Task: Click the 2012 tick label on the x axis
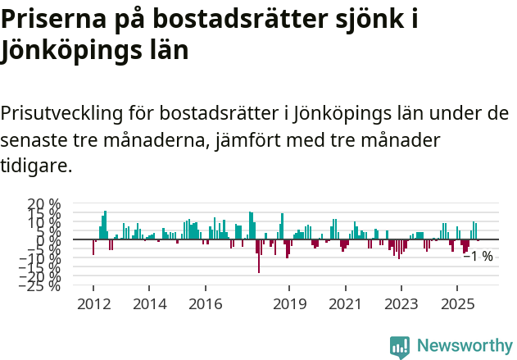pyautogui.click(x=93, y=303)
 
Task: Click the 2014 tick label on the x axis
pyautogui.click(x=148, y=303)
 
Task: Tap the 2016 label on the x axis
pyautogui.click(x=205, y=303)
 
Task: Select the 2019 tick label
pyautogui.click(x=289, y=303)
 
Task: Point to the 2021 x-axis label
pyautogui.click(x=345, y=303)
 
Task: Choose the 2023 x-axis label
pyautogui.click(x=401, y=303)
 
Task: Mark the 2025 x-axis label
pyautogui.click(x=457, y=303)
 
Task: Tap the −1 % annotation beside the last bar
pyautogui.click(x=478, y=257)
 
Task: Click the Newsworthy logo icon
pyautogui.click(x=400, y=347)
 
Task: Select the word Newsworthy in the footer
pyautogui.click(x=465, y=346)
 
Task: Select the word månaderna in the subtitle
pyautogui.click(x=147, y=139)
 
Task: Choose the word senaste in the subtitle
pyautogui.click(x=34, y=139)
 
